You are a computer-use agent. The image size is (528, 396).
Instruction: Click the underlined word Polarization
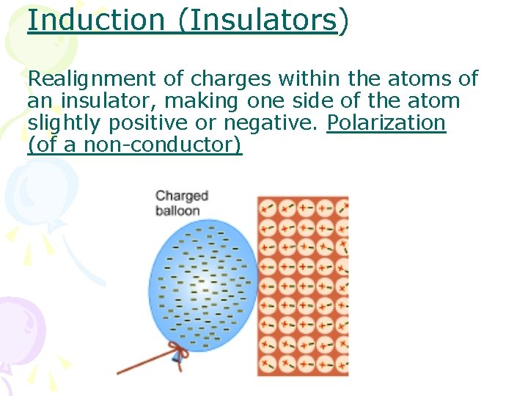[x=386, y=122]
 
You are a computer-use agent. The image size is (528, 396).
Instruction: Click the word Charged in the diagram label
[x=182, y=196]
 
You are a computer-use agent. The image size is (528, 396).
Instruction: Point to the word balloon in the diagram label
[x=177, y=210]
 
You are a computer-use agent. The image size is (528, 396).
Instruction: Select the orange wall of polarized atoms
[x=302, y=286]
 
